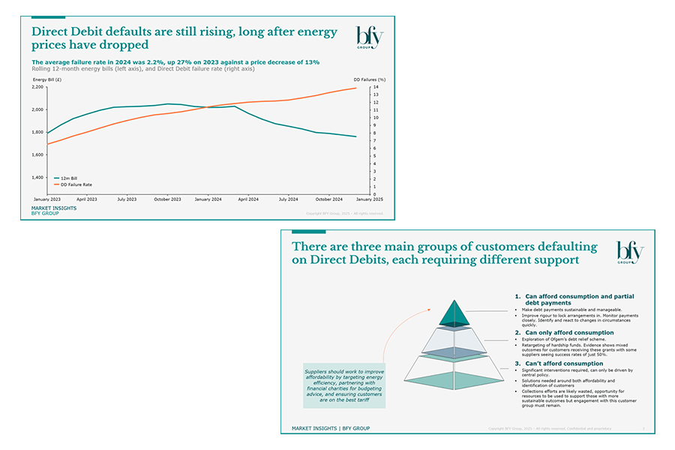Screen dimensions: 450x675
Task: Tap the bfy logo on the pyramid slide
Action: click(x=629, y=253)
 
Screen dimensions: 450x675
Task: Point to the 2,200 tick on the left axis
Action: click(x=37, y=87)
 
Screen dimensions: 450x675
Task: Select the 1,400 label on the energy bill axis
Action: click(x=37, y=178)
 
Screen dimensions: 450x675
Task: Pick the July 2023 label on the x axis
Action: click(x=126, y=199)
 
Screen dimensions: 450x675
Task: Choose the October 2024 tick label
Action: click(x=328, y=199)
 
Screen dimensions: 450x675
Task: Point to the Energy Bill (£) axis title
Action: click(x=46, y=79)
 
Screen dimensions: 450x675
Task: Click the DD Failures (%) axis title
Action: click(x=370, y=79)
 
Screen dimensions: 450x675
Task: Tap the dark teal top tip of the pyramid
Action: click(x=454, y=313)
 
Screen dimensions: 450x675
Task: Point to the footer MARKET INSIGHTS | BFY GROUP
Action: click(x=330, y=428)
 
